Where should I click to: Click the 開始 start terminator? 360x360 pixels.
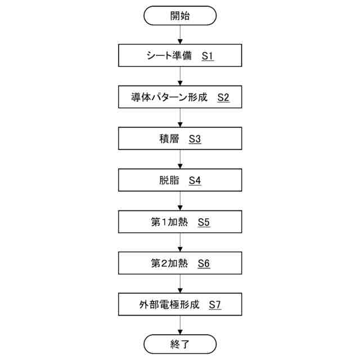(180, 16)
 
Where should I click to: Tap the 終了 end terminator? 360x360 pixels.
(180, 344)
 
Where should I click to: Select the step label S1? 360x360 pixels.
(208, 57)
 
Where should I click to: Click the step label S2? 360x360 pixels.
(223, 98)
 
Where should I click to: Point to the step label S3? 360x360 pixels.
(195, 139)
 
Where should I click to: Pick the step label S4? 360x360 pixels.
(195, 181)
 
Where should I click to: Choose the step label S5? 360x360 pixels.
(204, 222)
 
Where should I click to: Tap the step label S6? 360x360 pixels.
(204, 263)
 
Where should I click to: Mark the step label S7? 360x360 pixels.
(215, 305)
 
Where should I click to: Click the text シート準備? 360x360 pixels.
(168, 57)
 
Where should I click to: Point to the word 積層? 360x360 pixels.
(169, 139)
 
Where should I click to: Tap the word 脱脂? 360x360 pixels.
(169, 181)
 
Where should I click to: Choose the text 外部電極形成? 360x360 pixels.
(169, 305)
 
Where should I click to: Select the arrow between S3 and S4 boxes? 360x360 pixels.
(180, 160)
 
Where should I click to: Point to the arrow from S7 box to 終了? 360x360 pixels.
(180, 325)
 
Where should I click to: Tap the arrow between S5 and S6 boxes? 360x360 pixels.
(180, 242)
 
